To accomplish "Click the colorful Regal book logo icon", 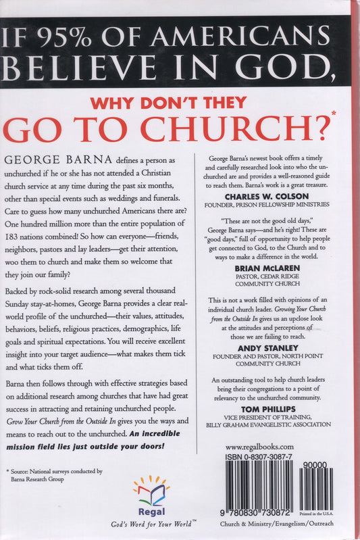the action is (151, 489).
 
